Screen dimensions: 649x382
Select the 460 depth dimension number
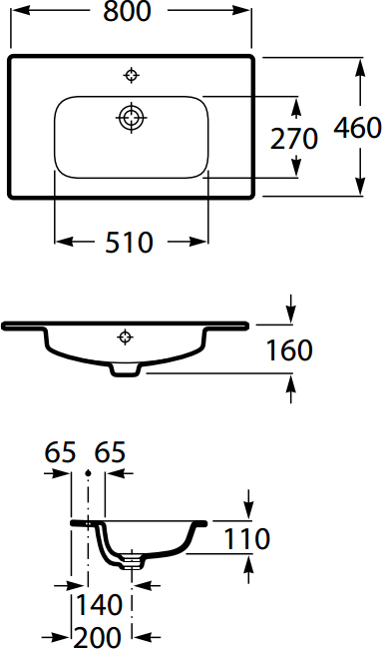357,128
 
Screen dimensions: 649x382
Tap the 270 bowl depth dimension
294,139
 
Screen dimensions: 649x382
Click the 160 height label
289,350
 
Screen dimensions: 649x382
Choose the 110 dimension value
246,540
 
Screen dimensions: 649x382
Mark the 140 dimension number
99,605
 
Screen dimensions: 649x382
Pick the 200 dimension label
99,636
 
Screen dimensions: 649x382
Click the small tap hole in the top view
132,74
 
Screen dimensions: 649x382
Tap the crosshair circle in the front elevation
126,335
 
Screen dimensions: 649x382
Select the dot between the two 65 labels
90,472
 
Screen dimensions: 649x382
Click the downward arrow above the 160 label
289,310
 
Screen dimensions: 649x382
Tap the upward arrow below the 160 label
289,390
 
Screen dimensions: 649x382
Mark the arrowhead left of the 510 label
63,242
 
